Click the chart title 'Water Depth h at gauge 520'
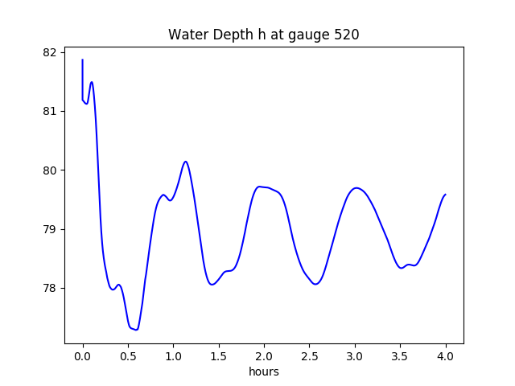coord(263,35)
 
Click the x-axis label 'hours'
coord(263,372)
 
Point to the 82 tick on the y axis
coord(51,53)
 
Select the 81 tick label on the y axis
coord(51,112)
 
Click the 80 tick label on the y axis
coord(51,170)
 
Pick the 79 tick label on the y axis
coord(51,229)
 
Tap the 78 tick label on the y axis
coord(51,288)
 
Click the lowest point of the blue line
coord(137,330)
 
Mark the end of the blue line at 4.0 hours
coord(446,195)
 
